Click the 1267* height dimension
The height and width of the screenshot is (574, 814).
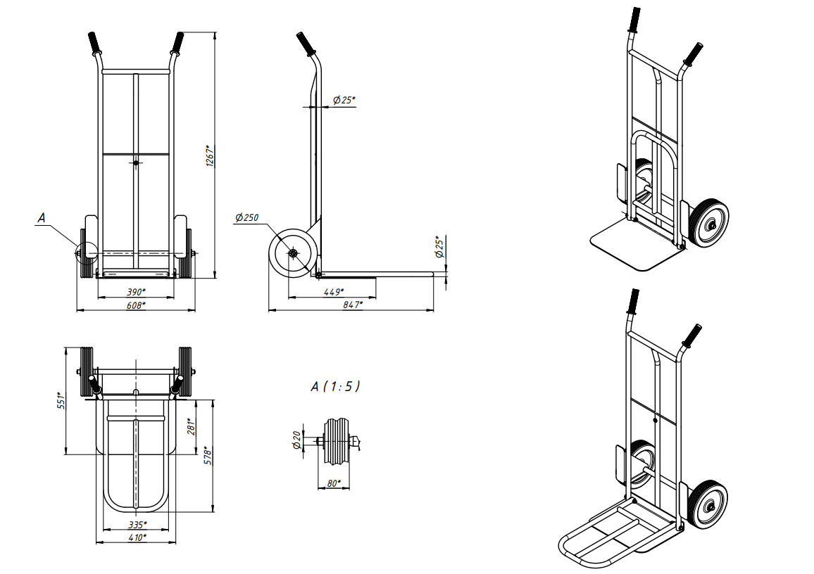[x=210, y=155]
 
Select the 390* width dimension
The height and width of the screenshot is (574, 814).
[x=136, y=292]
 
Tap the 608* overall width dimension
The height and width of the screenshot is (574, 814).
[x=136, y=305]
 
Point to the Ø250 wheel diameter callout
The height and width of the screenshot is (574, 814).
[x=246, y=217]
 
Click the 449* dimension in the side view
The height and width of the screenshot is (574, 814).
[x=333, y=293]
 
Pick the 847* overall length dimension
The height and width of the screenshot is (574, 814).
[x=353, y=305]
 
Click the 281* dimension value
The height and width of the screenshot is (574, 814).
[x=192, y=426]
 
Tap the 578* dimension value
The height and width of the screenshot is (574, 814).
[x=208, y=455]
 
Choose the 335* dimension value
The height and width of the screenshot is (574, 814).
[x=137, y=525]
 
